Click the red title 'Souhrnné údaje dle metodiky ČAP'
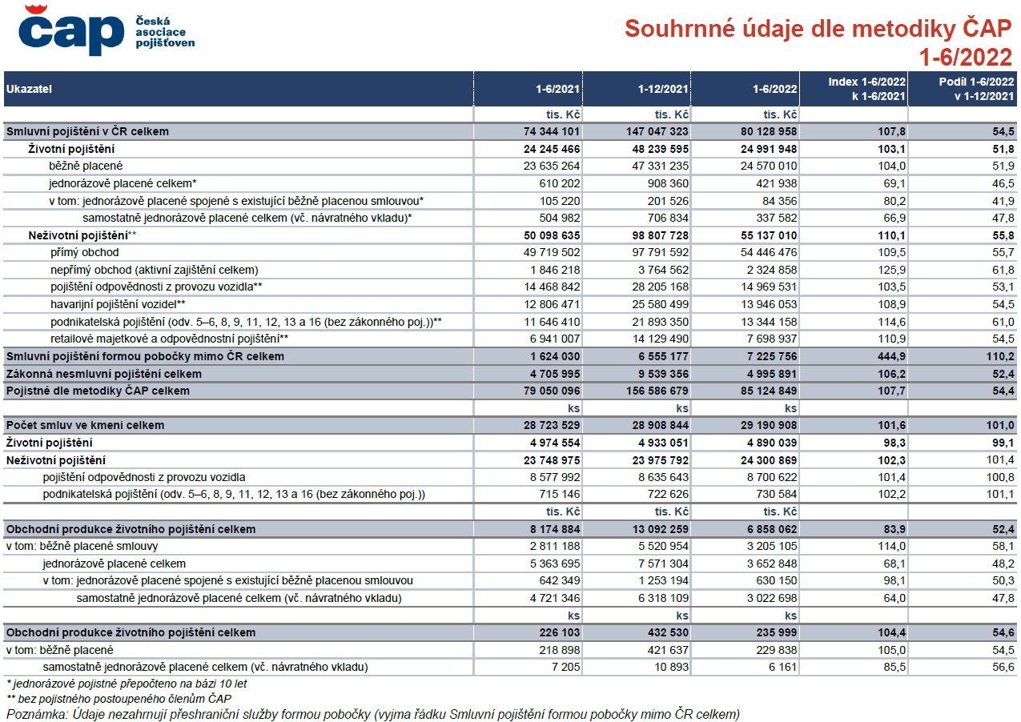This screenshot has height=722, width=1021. [818, 28]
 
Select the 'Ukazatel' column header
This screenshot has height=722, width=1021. [29, 89]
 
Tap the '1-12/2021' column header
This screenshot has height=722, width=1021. [663, 89]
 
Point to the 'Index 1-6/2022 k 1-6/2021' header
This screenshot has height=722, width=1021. [866, 89]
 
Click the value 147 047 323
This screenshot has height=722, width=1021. [657, 131]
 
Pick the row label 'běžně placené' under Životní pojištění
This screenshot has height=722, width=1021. [86, 166]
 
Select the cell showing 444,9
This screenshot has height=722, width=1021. [891, 356]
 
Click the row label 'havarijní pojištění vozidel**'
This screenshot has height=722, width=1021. [118, 304]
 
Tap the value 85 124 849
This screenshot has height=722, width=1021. [769, 391]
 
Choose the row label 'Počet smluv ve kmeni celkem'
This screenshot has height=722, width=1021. [85, 425]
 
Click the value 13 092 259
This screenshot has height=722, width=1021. [657, 529]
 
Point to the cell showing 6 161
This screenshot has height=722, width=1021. [782, 668]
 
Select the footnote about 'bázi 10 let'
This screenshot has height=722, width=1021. [127, 684]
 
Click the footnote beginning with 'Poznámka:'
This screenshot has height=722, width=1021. [373, 714]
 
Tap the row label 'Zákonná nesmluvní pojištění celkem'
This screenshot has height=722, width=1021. [104, 374]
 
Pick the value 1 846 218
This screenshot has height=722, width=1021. [555, 270]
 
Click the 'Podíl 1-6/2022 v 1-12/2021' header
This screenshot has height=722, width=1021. [976, 89]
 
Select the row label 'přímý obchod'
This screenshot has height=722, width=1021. [85, 252]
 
